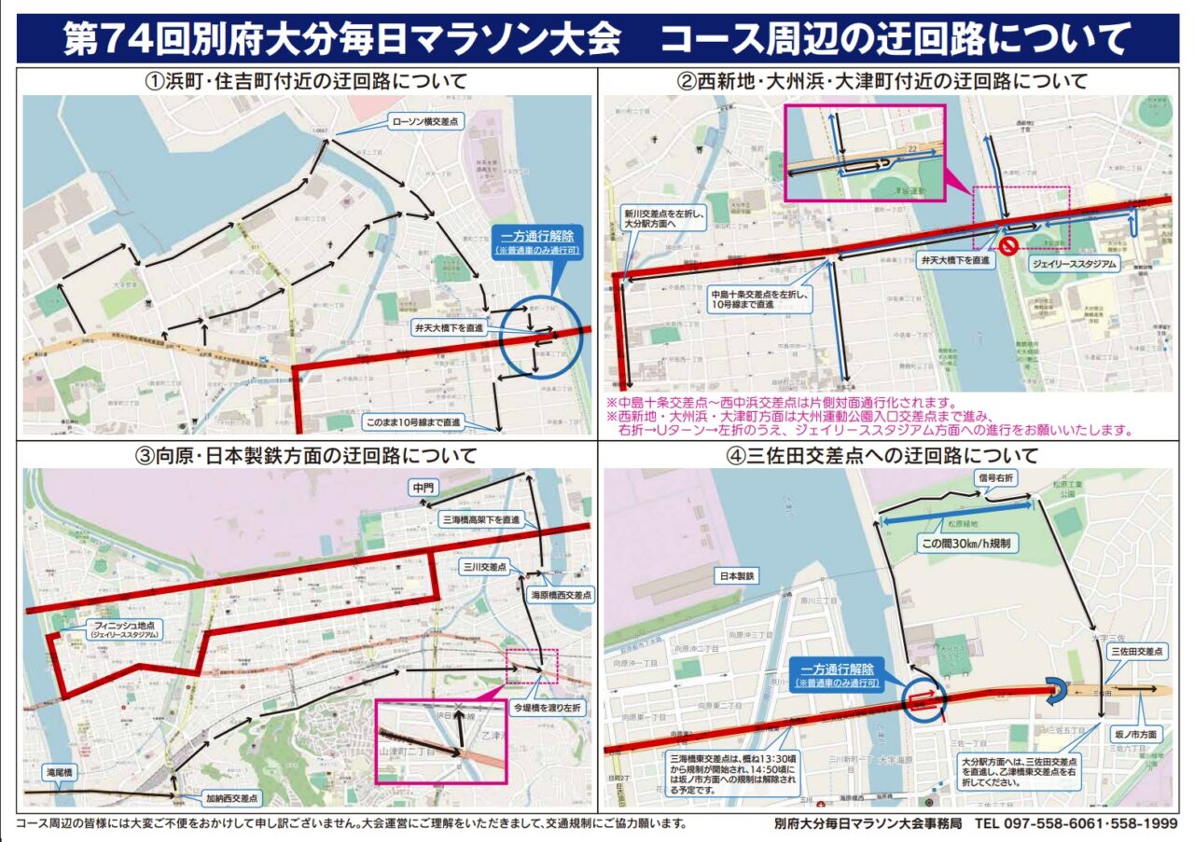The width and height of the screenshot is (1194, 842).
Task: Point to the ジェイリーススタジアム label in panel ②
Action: coord(1072,265)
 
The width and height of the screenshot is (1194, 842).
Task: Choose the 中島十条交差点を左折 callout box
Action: coord(760,297)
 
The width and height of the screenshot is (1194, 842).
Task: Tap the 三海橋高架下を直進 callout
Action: coord(479,519)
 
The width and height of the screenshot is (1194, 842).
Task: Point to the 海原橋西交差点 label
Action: coord(561,594)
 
